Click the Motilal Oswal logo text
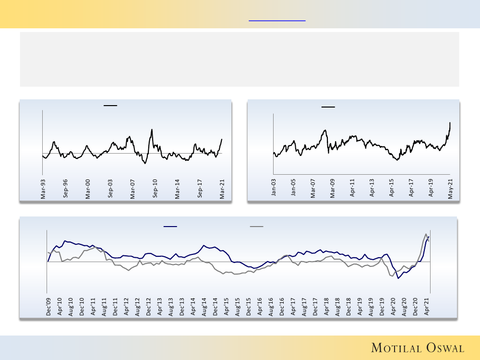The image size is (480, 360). pyautogui.click(x=417, y=348)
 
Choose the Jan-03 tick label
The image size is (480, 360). pyautogui.click(x=274, y=189)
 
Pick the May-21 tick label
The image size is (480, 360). pyautogui.click(x=450, y=189)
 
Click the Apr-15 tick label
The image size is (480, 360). pyautogui.click(x=392, y=189)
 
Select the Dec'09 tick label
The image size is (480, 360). pyautogui.click(x=48, y=306)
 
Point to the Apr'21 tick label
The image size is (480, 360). pyautogui.click(x=427, y=306)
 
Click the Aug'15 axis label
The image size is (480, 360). pyautogui.click(x=238, y=306)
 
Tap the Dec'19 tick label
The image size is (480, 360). pyautogui.click(x=383, y=306)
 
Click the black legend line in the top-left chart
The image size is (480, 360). pyautogui.click(x=110, y=105)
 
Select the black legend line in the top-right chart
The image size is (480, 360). pyautogui.click(x=328, y=107)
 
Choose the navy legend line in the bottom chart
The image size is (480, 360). pyautogui.click(x=170, y=226)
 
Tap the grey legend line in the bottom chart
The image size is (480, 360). pyautogui.click(x=256, y=226)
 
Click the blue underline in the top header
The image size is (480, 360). pyautogui.click(x=277, y=21)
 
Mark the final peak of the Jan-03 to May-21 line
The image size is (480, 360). pyautogui.click(x=450, y=123)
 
